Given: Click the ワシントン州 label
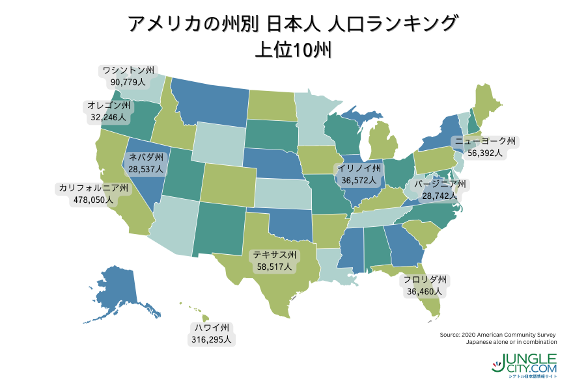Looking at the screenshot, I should [128, 70].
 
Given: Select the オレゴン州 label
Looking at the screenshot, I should [109, 106].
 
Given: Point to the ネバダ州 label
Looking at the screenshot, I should [147, 157].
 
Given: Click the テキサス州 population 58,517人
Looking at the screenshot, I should [275, 266].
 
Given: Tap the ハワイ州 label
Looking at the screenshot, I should [213, 328].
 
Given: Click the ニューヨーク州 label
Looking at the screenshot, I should [486, 142].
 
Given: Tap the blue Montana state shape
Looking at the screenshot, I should [208, 104].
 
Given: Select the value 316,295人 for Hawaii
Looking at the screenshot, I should [213, 339].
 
